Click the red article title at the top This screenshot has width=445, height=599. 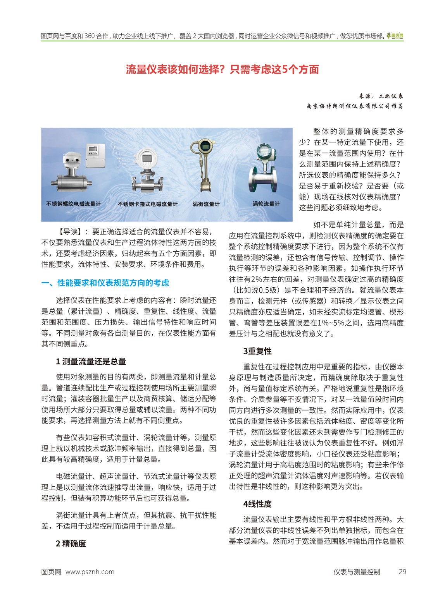click(222, 69)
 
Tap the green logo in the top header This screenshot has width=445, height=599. click(395, 36)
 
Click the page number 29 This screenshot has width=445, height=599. click(402, 572)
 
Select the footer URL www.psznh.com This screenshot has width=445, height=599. click(90, 572)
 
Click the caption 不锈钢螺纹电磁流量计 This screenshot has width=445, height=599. click(73, 204)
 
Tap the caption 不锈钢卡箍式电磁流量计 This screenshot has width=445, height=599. click(147, 204)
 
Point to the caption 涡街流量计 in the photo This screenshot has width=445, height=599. click(206, 204)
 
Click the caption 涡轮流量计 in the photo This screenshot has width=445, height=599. click(266, 204)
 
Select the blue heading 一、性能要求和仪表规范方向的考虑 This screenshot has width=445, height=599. click(105, 283)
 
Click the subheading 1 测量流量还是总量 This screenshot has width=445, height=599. click(91, 362)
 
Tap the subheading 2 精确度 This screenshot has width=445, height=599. click(71, 544)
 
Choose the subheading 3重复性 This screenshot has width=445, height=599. click(257, 351)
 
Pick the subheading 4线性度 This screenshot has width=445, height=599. click(257, 504)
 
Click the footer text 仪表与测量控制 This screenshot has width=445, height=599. click(357, 572)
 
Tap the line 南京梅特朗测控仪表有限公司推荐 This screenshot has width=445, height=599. click(355, 106)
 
